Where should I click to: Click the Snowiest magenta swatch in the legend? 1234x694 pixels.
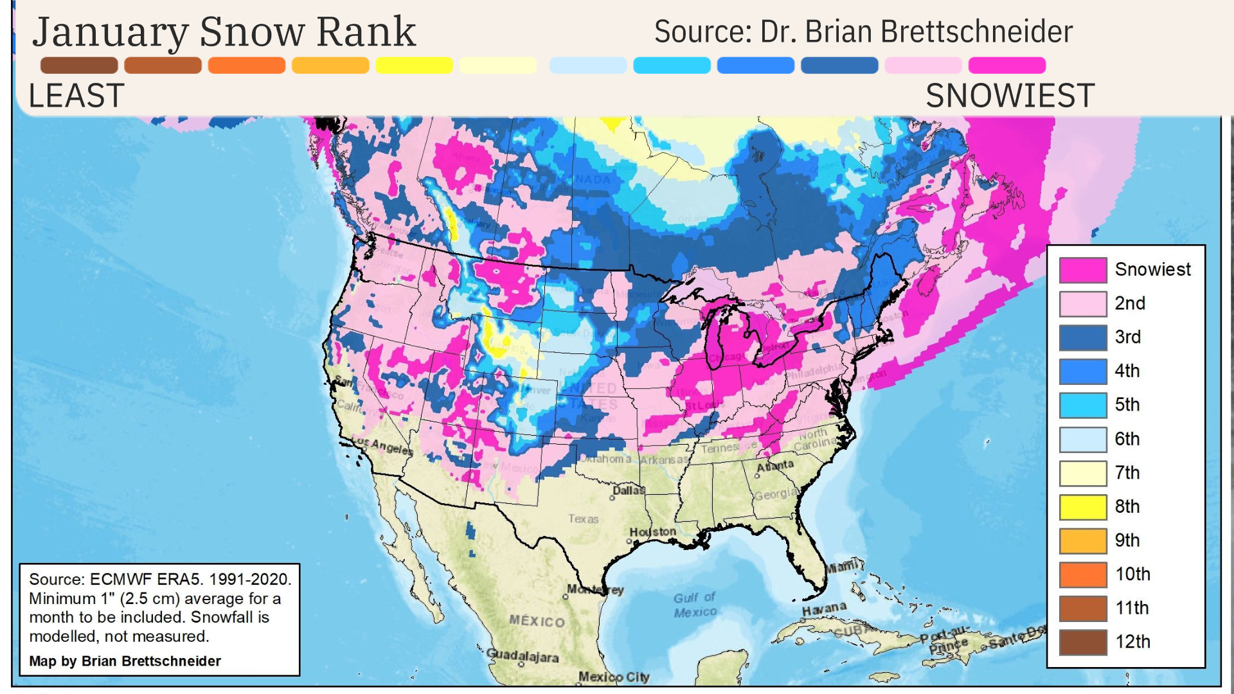coord(1083,270)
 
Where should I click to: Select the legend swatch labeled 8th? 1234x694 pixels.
coord(1083,507)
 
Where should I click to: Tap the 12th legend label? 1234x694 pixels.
coord(1132,641)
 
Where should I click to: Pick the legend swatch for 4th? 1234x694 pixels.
coord(1083,371)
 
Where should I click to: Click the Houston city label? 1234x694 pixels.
coord(652,532)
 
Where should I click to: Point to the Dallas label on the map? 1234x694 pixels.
coord(628,491)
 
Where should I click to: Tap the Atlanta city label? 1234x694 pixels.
coord(775,465)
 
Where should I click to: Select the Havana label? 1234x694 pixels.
coord(824,608)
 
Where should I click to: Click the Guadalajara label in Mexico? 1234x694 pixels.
coord(522,656)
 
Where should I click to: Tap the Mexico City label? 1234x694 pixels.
coord(614,677)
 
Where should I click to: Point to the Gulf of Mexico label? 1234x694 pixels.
coord(695,605)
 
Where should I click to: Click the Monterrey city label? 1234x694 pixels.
coord(595,589)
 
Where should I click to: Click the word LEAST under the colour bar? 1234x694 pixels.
coord(76,96)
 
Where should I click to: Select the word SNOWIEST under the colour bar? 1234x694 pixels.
coord(1010,96)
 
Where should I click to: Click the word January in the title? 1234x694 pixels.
coord(111,32)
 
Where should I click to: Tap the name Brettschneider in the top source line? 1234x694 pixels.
coord(976,32)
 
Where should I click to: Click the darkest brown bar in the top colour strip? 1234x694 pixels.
coord(79,66)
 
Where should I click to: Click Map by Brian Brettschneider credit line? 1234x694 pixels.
coord(125,661)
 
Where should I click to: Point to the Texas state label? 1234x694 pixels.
coord(583,519)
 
